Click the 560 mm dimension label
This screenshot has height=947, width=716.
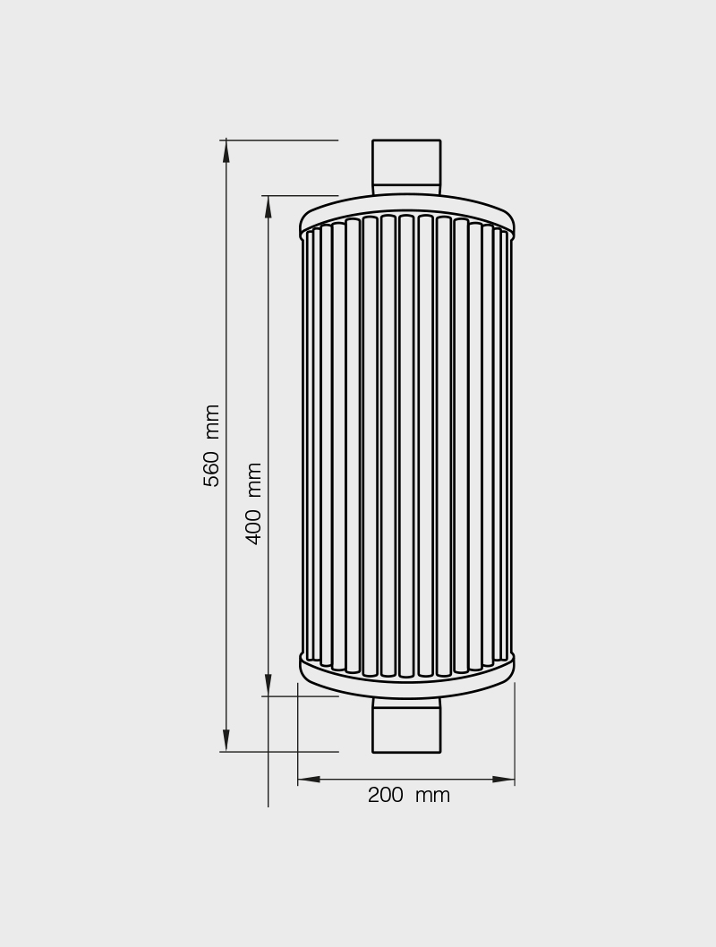pyautogui.click(x=211, y=446)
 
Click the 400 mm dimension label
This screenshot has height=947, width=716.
pyautogui.click(x=253, y=504)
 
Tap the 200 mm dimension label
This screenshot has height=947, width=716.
pyautogui.click(x=409, y=795)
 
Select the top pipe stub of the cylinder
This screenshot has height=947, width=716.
pyautogui.click(x=406, y=167)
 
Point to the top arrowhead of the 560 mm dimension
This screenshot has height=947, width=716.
pyautogui.click(x=226, y=151)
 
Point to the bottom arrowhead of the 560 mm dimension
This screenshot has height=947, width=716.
pyautogui.click(x=226, y=740)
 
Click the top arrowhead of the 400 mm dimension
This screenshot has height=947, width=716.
pyautogui.click(x=268, y=207)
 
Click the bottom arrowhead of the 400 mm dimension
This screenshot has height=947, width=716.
pyautogui.click(x=268, y=685)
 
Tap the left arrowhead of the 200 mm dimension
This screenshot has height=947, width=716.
pyautogui.click(x=309, y=779)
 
